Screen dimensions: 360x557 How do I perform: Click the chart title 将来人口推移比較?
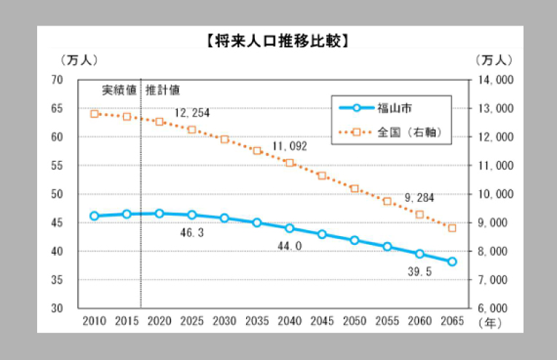click(x=278, y=41)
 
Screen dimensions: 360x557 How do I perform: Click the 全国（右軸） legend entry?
click(x=410, y=133)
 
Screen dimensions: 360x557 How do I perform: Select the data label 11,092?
click(x=290, y=146)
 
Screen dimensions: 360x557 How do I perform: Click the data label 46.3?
click(x=191, y=232)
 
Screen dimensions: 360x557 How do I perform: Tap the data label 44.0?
click(x=289, y=246)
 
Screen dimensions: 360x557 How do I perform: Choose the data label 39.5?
click(x=419, y=271)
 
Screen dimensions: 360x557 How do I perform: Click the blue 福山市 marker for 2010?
click(x=94, y=216)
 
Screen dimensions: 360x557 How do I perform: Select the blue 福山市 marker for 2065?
click(x=452, y=262)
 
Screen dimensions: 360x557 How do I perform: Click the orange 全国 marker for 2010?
click(x=94, y=114)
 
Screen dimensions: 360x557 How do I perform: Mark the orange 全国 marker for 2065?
click(x=452, y=228)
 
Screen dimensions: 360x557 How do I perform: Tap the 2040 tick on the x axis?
click(x=289, y=321)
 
